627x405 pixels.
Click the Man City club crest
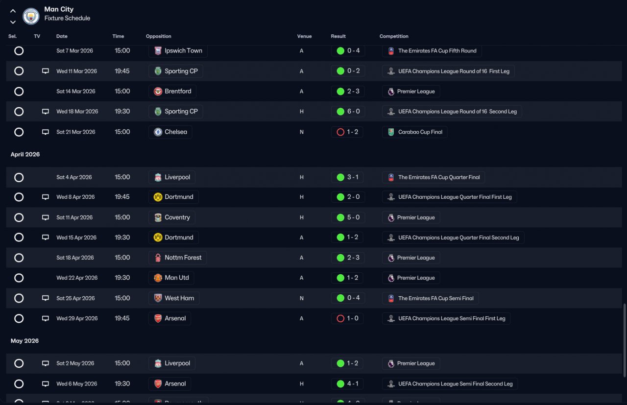[x=31, y=16]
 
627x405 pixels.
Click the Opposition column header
[x=158, y=36]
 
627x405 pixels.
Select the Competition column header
[x=394, y=36]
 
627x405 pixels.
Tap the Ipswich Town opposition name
[x=183, y=50]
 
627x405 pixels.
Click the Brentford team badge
[x=158, y=91]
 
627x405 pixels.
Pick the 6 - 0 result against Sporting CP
[x=354, y=111]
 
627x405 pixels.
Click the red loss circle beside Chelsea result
[x=340, y=132]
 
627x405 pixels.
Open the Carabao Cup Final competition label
[x=420, y=132]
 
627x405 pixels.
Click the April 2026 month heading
[x=25, y=154]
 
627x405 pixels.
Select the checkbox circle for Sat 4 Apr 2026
[x=19, y=177]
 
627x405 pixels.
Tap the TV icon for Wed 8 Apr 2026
[x=46, y=197]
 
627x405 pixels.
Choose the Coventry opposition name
[x=177, y=217]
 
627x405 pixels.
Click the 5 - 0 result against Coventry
[x=354, y=217]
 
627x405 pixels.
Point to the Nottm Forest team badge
[x=158, y=258]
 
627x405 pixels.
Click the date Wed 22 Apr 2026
[x=77, y=278]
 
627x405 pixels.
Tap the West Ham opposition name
[x=179, y=298]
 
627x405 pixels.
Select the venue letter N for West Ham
[x=301, y=298]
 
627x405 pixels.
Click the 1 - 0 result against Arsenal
[x=353, y=318]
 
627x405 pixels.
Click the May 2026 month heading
[x=24, y=341]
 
